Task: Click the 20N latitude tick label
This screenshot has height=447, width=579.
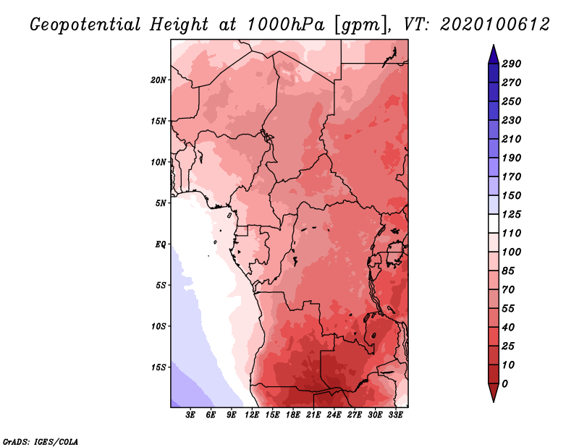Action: click(x=158, y=80)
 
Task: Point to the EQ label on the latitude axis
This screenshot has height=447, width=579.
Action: click(x=160, y=244)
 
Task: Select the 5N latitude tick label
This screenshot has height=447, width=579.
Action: click(x=160, y=203)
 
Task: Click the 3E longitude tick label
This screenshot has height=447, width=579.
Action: click(x=190, y=415)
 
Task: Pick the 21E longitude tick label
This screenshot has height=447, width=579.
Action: click(x=313, y=415)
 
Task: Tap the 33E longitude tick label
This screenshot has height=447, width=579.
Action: click(x=395, y=415)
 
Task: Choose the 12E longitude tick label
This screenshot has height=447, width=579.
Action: click(x=252, y=415)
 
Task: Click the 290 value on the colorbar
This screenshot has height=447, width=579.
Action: click(x=512, y=64)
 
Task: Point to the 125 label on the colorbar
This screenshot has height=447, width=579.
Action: click(x=512, y=214)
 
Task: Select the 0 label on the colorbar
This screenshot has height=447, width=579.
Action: click(x=504, y=384)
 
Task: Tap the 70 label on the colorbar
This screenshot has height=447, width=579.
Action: click(x=508, y=290)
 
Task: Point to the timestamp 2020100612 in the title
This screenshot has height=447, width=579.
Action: click(x=495, y=25)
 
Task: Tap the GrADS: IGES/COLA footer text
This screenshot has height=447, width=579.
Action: click(x=41, y=442)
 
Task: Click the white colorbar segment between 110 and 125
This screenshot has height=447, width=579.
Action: click(x=494, y=223)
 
